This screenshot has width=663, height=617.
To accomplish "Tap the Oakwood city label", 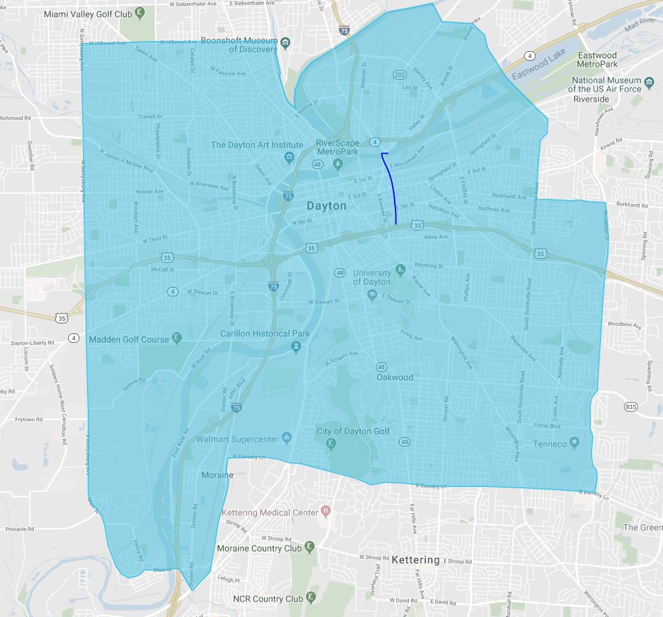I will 394,377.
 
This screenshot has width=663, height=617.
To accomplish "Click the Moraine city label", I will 217,475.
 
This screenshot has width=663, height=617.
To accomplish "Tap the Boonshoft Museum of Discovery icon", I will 285,44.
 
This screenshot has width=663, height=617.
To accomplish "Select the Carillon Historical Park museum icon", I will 295,346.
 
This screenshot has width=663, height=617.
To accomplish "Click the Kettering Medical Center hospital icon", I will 326,513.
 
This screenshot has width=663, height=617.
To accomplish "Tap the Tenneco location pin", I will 574,443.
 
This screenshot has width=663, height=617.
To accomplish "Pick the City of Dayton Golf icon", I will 331,443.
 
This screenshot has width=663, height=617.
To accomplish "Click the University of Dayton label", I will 372,277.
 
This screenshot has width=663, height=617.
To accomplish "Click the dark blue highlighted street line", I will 391,189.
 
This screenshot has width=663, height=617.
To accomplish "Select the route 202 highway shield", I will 400,75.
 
